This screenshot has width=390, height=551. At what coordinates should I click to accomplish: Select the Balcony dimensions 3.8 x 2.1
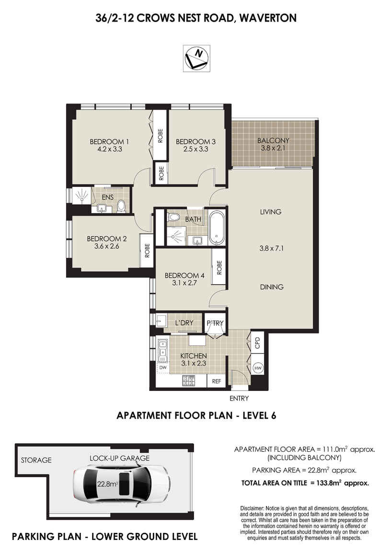pyautogui.click(x=273, y=149)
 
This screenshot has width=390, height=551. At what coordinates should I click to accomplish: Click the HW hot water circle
pyautogui.click(x=258, y=367)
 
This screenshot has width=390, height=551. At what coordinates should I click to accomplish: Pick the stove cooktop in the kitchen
pyautogui.click(x=189, y=381)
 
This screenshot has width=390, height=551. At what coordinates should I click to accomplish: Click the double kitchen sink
pyautogui.click(x=163, y=348)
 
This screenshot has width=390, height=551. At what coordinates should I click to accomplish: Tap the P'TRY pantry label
pyautogui.click(x=215, y=323)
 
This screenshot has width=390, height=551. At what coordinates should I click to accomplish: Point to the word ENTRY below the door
pyautogui.click(x=239, y=398)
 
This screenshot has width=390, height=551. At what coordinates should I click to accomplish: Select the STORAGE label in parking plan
pyautogui.click(x=36, y=460)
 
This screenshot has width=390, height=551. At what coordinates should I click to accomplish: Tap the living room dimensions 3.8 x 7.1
pyautogui.click(x=271, y=248)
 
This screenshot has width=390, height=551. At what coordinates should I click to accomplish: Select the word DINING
pyautogui.click(x=272, y=287)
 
